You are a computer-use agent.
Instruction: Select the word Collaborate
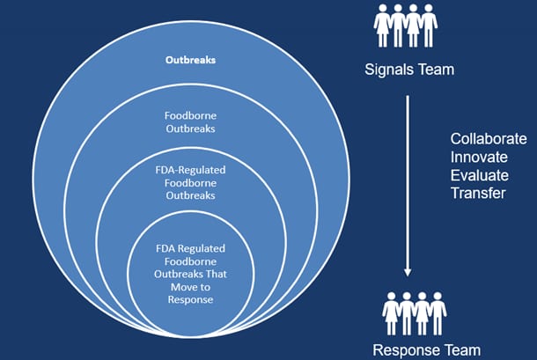(489, 140)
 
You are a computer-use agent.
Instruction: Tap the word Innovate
(477, 158)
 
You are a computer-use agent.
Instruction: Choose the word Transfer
(478, 193)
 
